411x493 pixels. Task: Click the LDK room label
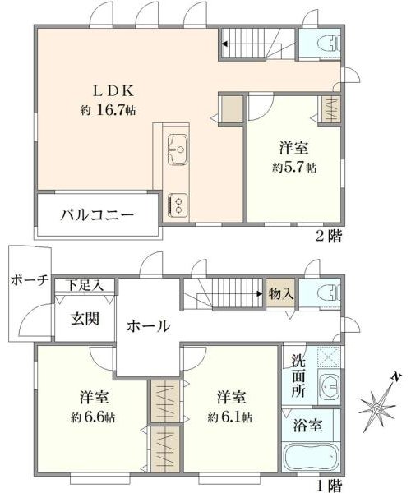113,91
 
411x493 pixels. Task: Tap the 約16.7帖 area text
108,110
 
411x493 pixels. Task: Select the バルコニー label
97,215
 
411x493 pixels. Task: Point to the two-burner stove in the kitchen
178,205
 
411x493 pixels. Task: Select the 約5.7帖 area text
294,168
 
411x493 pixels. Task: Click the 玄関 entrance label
85,319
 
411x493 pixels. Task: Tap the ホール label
149,326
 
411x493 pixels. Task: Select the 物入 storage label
281,294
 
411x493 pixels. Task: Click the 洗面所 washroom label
298,376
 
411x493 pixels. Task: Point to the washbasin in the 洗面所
329,387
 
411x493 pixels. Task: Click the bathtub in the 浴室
312,458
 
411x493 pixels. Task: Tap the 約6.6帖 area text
93,417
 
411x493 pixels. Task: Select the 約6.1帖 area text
230,417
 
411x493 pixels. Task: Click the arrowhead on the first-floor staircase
260,294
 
